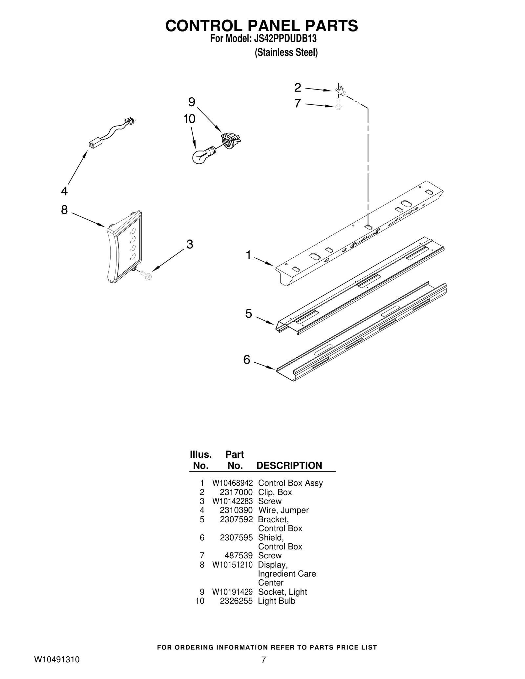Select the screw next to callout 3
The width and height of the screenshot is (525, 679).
tap(145, 275)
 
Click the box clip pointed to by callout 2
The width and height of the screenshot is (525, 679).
tap(340, 90)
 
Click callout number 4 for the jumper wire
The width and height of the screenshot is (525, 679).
tap(64, 191)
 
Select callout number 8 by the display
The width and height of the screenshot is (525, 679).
tap(64, 210)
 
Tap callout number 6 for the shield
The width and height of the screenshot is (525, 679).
tap(247, 360)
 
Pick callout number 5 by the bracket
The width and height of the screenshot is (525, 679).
tap(249, 314)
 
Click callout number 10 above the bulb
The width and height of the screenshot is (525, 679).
tap(189, 119)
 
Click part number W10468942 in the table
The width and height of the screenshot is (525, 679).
tap(232, 483)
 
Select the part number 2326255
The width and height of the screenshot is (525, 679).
tap(236, 601)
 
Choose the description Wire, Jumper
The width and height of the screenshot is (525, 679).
tap(283, 510)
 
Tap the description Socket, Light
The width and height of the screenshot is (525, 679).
tap(283, 592)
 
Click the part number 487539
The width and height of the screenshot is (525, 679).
tap(239, 555)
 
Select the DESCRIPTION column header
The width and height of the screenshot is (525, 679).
tap(289, 466)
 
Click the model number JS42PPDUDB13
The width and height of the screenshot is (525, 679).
tap(285, 39)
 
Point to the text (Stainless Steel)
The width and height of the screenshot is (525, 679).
tap(286, 52)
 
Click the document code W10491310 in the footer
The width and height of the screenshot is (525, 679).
tap(57, 660)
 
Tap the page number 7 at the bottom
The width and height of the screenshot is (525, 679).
tap(263, 660)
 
